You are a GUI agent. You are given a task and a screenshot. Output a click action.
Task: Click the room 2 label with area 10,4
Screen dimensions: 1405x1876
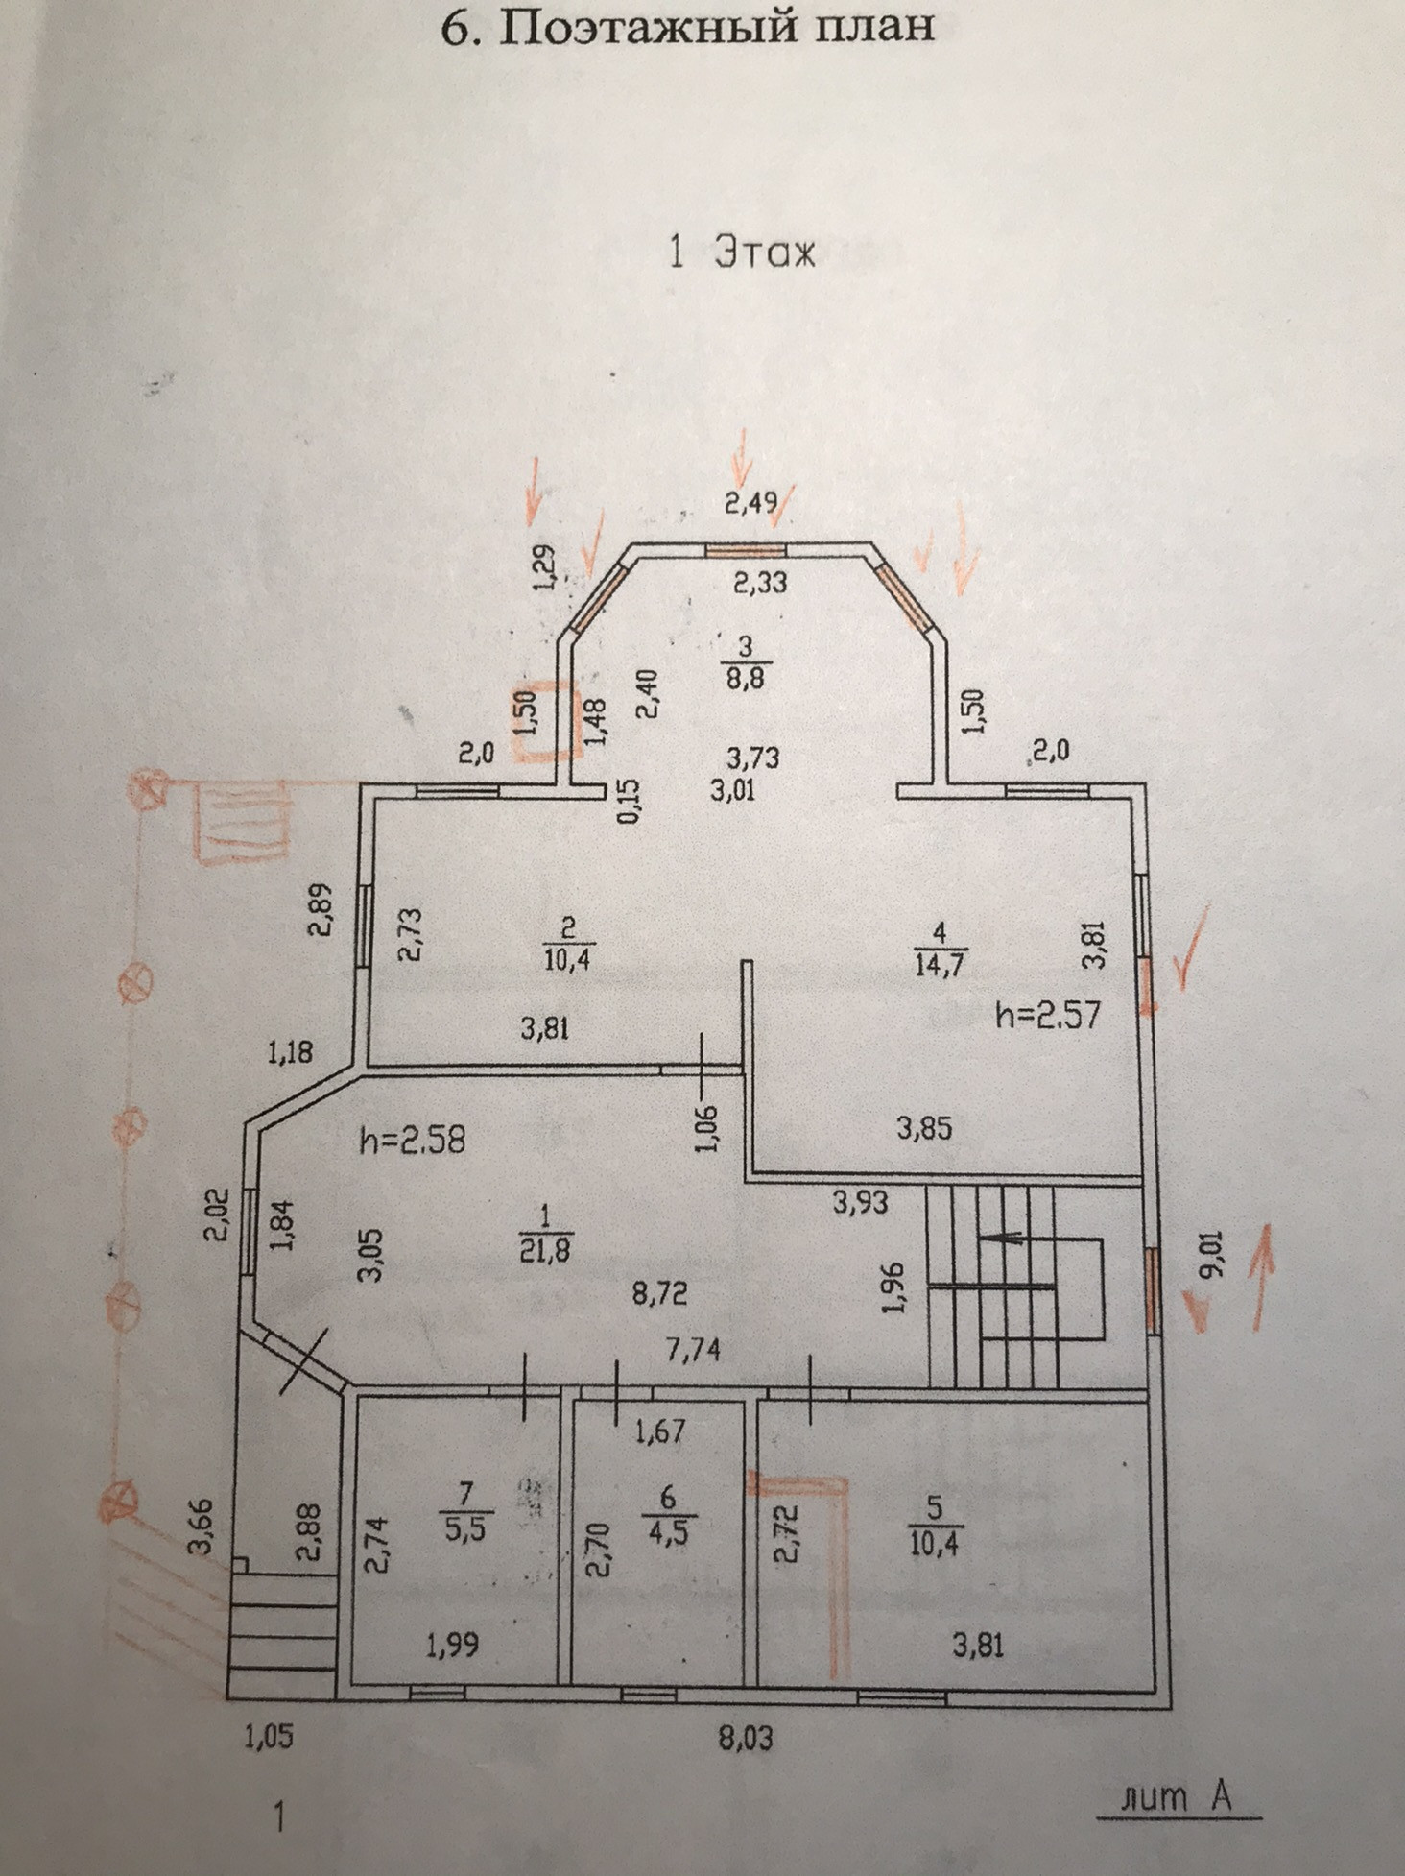tap(566, 943)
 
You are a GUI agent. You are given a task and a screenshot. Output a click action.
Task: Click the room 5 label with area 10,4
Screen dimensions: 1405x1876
tap(934, 1526)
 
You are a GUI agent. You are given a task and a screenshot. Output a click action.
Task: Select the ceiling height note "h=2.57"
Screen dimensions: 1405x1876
tap(1047, 1014)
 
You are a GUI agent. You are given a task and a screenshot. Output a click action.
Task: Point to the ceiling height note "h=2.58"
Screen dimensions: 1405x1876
tap(413, 1141)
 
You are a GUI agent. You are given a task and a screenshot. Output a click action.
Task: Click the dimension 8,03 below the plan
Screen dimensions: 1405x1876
tap(746, 1738)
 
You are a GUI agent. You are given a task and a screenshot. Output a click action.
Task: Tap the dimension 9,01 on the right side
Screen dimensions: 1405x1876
tap(1216, 1252)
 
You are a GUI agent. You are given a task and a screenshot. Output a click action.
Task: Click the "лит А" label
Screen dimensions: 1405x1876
tap(1179, 1795)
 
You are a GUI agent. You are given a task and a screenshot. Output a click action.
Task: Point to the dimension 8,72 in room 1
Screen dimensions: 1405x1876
tap(659, 1294)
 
